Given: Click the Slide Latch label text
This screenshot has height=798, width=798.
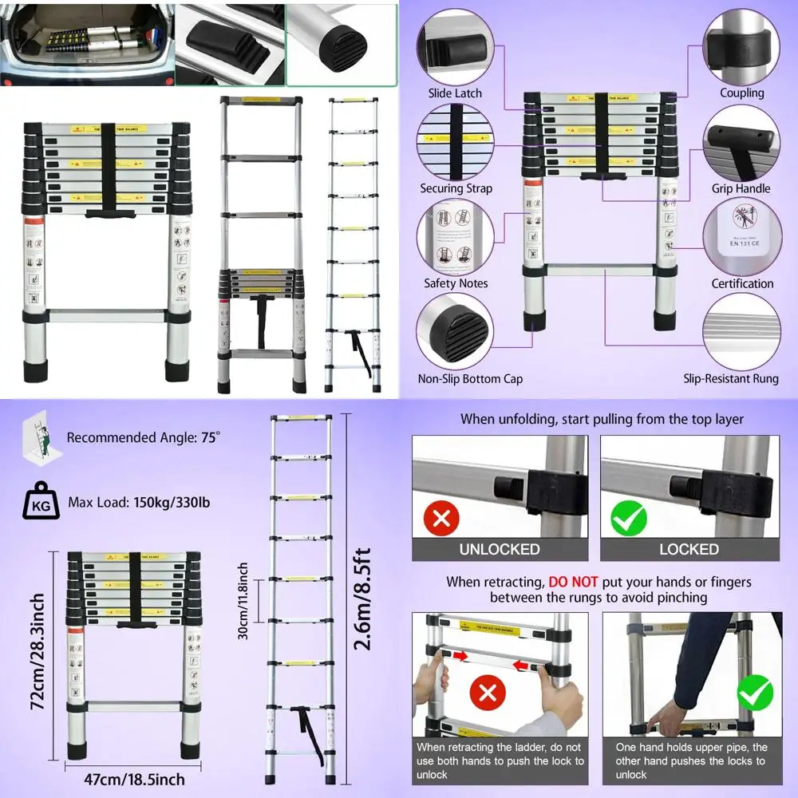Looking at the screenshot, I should tap(455, 93).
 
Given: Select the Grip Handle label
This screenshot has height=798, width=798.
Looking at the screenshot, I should tap(741, 188).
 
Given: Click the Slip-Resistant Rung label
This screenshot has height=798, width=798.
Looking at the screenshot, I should tap(731, 379).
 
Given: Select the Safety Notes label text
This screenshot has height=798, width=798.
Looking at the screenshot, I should tap(456, 283).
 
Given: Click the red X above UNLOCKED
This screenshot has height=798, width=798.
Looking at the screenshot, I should tap(442, 519).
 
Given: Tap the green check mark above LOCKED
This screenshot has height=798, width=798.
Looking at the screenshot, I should tap(628, 519).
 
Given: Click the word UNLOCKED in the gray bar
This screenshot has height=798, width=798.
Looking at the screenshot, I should tap(500, 549).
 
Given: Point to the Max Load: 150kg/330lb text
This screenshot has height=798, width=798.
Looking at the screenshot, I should tap(140, 504).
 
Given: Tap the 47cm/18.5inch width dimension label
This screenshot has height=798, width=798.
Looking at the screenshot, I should tap(135, 780).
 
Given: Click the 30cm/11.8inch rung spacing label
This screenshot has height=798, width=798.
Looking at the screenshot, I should tap(243, 600).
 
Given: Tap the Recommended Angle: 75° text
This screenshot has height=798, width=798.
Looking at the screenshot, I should tap(143, 437).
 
